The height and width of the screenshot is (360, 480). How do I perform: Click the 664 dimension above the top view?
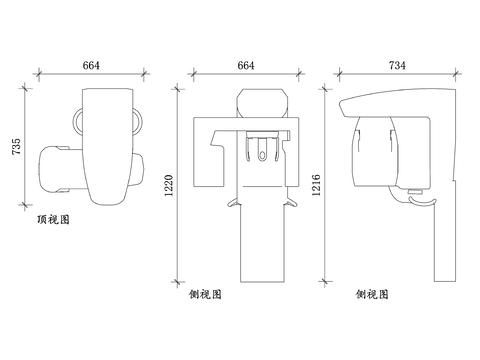tap(91, 65)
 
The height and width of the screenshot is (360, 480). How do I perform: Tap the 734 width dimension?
tap(396, 65)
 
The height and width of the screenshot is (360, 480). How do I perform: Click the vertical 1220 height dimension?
tap(169, 184)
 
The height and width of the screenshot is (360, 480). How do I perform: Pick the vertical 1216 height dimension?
tap(317, 184)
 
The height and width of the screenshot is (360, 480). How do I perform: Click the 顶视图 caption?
tap(53, 217)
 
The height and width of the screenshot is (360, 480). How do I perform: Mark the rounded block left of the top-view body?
tap(57, 169)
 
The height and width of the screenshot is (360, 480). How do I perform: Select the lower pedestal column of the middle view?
tap(262, 245)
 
